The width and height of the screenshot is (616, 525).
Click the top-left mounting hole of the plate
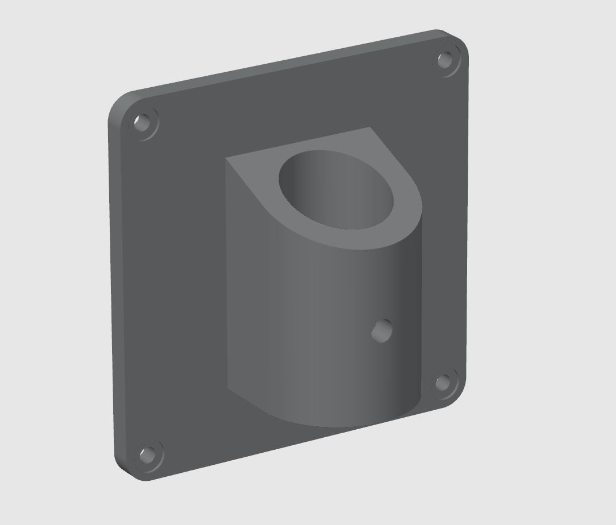[142, 122]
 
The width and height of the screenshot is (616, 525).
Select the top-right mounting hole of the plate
[445, 60]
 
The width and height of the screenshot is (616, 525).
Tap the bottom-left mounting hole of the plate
[148, 456]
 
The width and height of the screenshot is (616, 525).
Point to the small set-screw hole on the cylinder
[382, 330]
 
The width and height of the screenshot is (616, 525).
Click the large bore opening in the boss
[337, 189]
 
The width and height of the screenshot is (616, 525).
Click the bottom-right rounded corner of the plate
[457, 396]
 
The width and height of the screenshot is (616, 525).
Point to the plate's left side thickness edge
[114, 287]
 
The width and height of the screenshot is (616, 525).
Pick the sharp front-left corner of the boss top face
[226, 158]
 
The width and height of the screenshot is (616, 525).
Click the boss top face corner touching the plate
[369, 129]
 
